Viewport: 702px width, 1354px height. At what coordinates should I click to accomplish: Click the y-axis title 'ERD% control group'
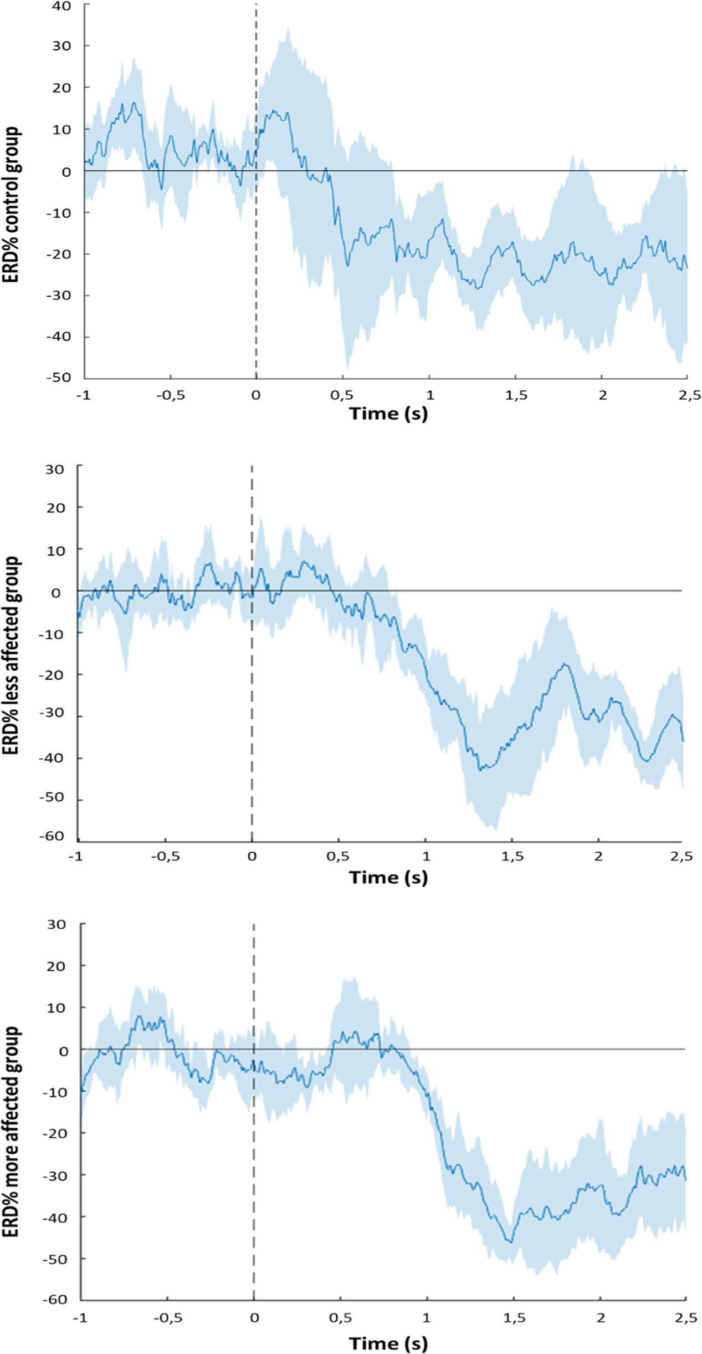11,205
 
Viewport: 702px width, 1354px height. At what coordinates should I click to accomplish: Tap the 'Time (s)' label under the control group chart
388,414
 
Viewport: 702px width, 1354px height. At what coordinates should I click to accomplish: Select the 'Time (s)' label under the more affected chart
388,1340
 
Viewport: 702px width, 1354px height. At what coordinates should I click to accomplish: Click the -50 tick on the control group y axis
59,378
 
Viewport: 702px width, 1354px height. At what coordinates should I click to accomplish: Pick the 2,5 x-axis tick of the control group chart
688,395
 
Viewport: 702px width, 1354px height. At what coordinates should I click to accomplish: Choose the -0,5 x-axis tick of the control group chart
170,395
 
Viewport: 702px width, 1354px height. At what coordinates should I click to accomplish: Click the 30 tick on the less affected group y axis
55,469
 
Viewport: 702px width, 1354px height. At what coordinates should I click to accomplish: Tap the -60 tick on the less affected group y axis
52,836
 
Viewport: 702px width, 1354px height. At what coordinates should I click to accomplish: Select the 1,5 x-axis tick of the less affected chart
513,856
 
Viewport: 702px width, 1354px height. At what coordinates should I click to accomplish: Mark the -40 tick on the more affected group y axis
55,1218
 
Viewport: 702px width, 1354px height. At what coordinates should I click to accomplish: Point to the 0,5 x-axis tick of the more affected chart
340,1317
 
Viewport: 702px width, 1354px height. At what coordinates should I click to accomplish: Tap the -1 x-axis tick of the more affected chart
80,1317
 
